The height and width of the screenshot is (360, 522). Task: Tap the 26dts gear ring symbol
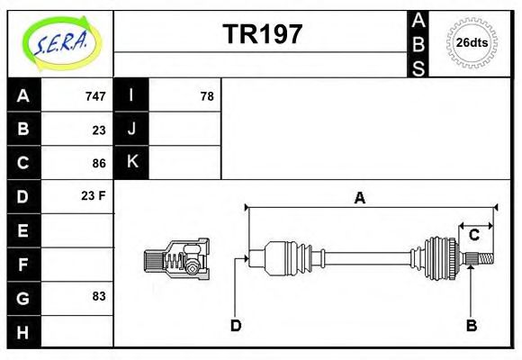[472, 42]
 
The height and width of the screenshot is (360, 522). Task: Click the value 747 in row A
[95, 96]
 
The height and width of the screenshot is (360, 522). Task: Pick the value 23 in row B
[99, 130]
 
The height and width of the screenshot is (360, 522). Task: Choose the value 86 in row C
[99, 164]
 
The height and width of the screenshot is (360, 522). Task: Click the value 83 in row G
[99, 296]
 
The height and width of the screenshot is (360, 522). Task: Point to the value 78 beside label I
[206, 96]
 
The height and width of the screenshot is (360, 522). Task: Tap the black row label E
[23, 230]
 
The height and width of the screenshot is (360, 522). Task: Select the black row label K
[132, 162]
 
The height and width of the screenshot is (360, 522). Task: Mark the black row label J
[132, 129]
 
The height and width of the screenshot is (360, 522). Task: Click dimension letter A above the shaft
[359, 198]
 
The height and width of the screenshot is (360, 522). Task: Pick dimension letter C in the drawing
[473, 236]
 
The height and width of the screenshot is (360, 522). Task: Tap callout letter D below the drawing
[236, 325]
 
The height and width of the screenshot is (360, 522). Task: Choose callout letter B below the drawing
[471, 325]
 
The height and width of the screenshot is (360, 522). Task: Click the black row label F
[23, 264]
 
